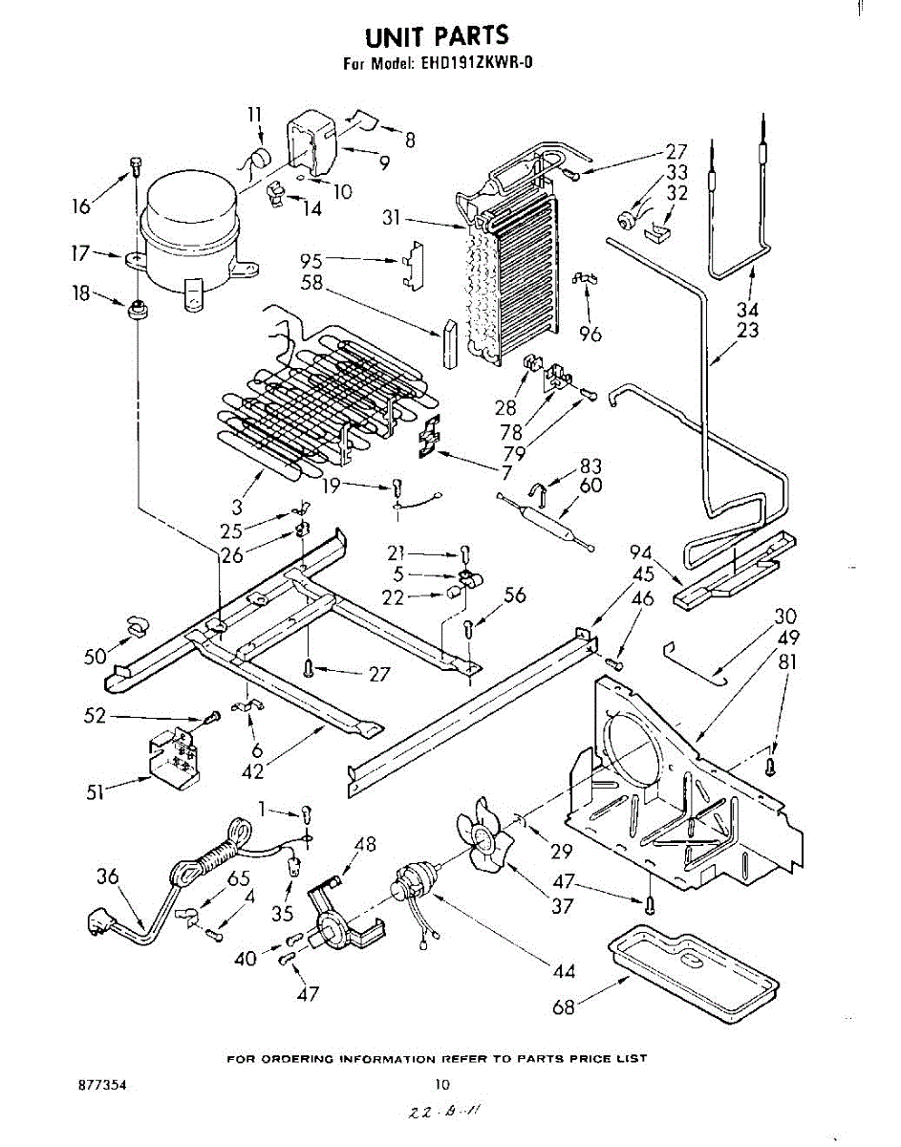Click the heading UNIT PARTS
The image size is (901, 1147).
click(437, 36)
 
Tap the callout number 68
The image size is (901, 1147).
click(565, 1006)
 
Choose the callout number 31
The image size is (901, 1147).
click(390, 218)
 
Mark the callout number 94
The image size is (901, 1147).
click(641, 552)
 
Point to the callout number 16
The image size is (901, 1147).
click(82, 206)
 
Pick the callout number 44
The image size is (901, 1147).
click(564, 972)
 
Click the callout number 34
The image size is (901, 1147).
click(749, 310)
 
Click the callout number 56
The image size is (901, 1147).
click(515, 595)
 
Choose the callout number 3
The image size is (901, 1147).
click(236, 509)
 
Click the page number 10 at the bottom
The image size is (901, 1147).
click(441, 1085)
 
